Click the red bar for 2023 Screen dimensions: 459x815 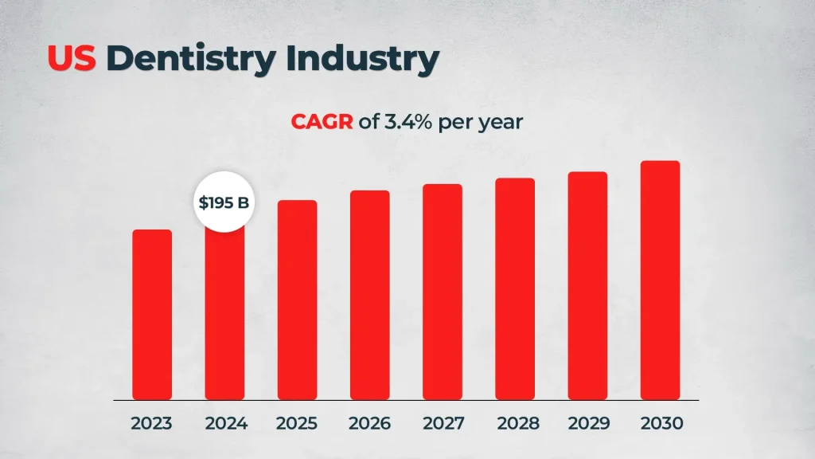[152, 315]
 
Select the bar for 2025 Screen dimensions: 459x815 [298, 300]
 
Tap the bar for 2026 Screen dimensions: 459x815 [370, 295]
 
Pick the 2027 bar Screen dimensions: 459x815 [443, 292]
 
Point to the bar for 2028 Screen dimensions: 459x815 [515, 288]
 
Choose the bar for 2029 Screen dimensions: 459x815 [587, 285]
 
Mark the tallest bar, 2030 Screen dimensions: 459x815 [660, 280]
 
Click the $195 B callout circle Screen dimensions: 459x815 [224, 202]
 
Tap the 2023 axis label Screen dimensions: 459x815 [152, 423]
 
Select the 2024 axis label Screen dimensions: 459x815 [226, 423]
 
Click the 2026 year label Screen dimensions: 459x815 [370, 423]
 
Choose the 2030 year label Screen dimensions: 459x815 [661, 423]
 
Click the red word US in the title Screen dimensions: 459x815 [72, 58]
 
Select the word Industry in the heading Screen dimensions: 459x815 [361, 58]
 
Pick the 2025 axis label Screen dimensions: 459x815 [297, 423]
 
